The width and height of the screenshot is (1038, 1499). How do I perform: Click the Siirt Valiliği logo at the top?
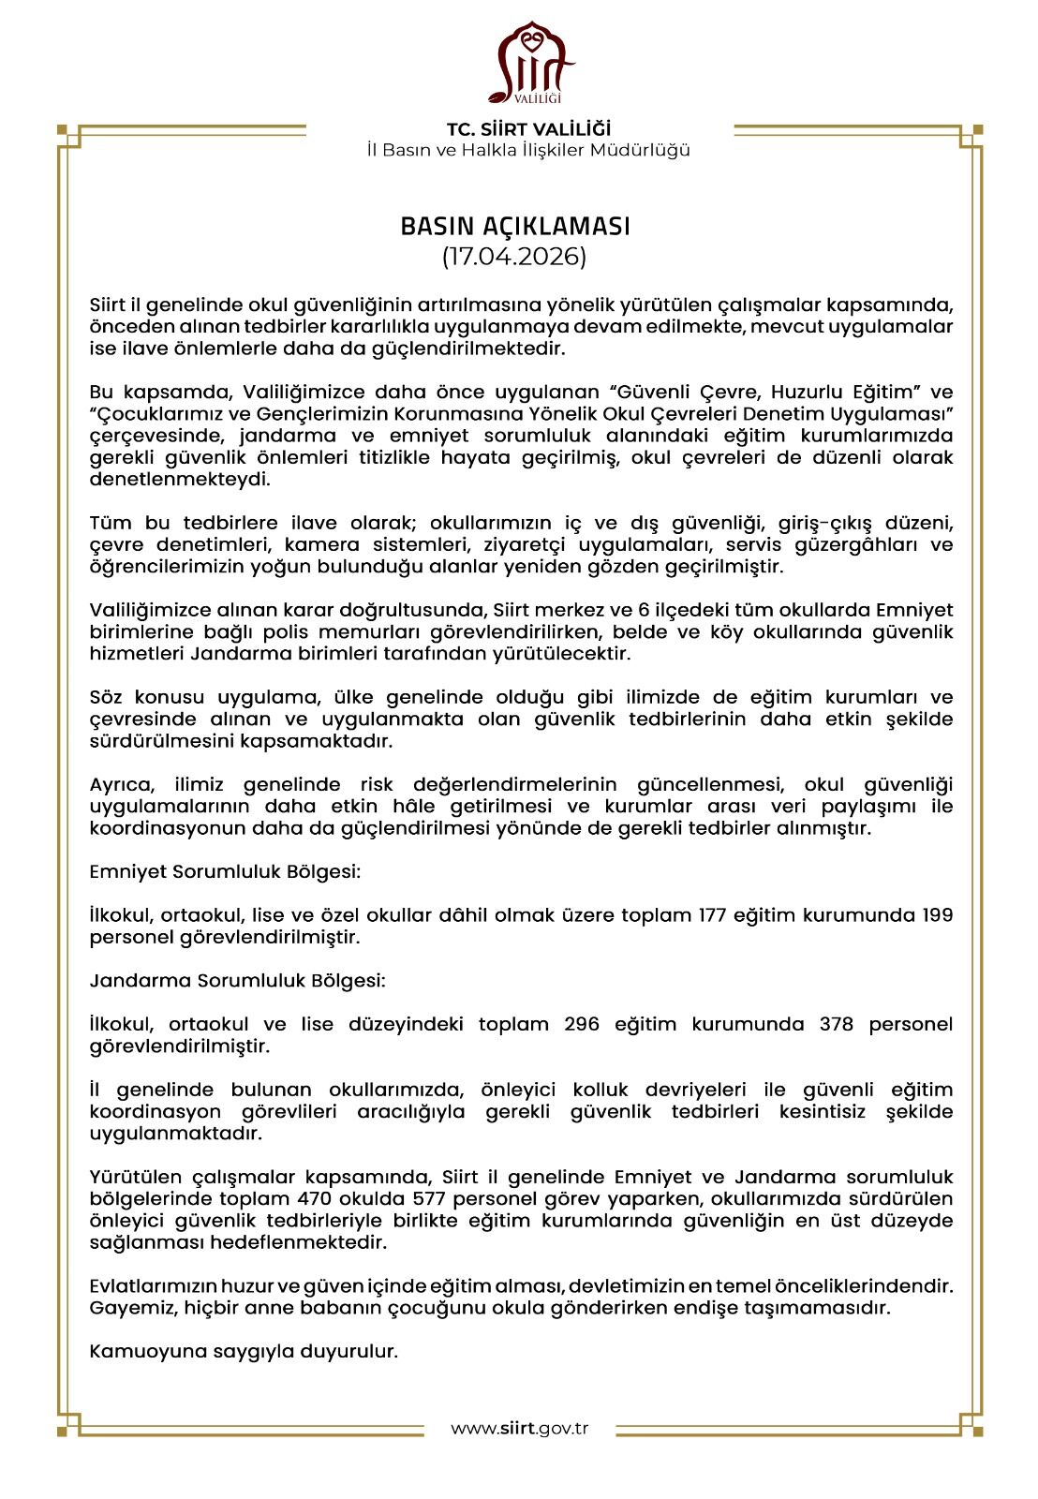coord(529,63)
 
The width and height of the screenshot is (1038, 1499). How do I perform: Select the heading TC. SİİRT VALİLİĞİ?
coord(528,129)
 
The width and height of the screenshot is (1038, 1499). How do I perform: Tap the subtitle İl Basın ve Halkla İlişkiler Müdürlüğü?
coord(528,150)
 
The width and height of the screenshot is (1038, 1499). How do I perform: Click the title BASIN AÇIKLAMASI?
coord(515,227)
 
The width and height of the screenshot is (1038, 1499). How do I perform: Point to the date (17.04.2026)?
coord(514,256)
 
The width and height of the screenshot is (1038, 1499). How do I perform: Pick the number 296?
coord(582,1024)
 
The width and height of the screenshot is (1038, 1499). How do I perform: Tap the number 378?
coord(836,1024)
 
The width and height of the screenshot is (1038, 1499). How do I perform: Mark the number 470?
coord(316,1199)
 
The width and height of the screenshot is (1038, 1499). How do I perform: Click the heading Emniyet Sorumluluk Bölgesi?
coord(225,871)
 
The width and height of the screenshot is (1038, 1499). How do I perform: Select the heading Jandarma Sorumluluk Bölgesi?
coord(237,981)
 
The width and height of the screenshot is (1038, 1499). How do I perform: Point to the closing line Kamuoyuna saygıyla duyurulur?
coord(244,1352)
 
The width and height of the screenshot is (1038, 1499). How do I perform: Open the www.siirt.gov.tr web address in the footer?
coord(519,1429)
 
